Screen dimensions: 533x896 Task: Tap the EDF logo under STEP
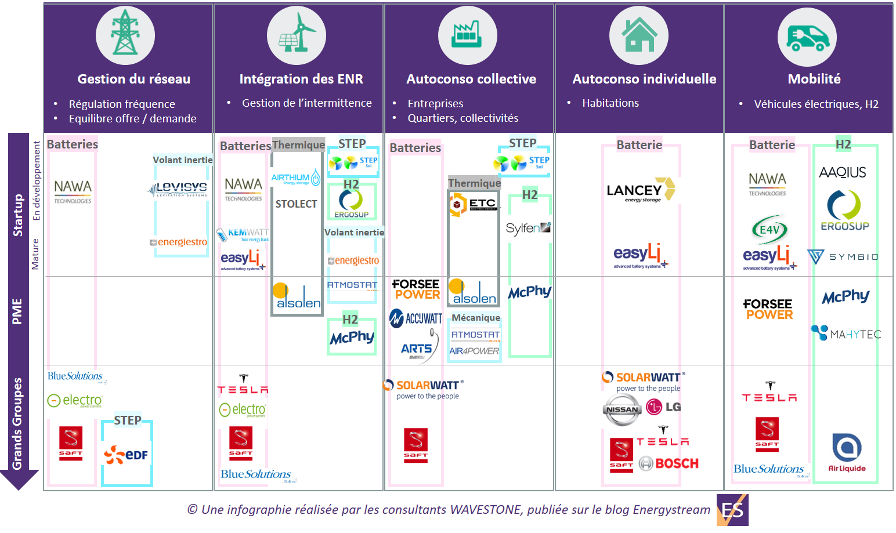click(x=127, y=455)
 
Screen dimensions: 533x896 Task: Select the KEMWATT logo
click(x=243, y=234)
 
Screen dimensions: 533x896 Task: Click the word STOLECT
click(x=296, y=204)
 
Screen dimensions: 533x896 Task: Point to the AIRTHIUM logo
click(x=295, y=177)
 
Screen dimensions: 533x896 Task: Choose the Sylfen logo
click(x=528, y=228)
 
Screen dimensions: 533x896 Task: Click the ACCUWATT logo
click(x=416, y=318)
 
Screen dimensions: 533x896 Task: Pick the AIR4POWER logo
click(x=474, y=351)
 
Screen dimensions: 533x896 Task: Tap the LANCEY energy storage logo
click(x=641, y=190)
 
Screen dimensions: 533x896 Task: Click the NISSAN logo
click(x=622, y=409)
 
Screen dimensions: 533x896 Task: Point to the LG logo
click(x=664, y=407)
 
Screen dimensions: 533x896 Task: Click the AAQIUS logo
click(x=842, y=172)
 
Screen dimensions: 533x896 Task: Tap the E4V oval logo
click(x=769, y=230)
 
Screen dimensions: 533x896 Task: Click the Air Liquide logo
click(x=847, y=452)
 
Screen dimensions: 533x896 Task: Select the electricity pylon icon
click(x=125, y=35)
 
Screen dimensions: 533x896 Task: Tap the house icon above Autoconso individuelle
click(x=638, y=35)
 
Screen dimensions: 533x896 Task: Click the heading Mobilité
click(x=814, y=79)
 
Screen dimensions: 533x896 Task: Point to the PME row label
click(x=17, y=311)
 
